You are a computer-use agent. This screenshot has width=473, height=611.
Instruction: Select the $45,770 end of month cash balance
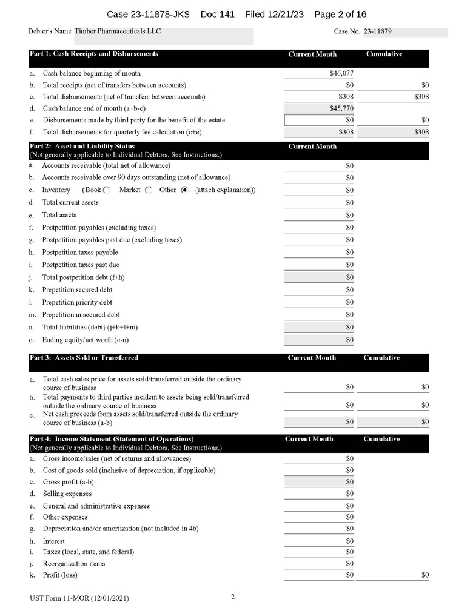[x=341, y=109]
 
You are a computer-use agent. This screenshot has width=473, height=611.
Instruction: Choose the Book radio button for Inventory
[x=107, y=190]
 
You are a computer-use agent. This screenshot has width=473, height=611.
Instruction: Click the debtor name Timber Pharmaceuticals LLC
[x=118, y=31]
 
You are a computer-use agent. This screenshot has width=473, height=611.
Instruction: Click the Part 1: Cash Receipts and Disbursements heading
[x=94, y=54]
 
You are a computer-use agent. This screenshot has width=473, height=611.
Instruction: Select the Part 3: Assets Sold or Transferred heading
[x=84, y=358]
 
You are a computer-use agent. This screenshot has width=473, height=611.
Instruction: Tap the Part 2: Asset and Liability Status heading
[x=82, y=147]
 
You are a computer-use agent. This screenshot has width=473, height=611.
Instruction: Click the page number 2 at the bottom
[x=233, y=597]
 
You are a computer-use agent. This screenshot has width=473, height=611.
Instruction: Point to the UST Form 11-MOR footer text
[x=79, y=598]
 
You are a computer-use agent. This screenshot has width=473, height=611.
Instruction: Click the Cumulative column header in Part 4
[x=381, y=439]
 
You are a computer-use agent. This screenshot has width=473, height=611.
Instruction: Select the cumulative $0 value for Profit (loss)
[x=424, y=575]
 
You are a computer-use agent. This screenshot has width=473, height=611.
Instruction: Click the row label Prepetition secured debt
[x=77, y=290]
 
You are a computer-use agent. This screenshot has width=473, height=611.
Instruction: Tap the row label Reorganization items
[x=74, y=564]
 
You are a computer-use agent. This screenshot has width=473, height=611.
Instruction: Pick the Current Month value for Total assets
[x=349, y=215]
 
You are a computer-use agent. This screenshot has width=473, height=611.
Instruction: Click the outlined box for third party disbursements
[x=320, y=120]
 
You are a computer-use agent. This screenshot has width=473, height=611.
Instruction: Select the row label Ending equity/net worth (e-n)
[x=84, y=340]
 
